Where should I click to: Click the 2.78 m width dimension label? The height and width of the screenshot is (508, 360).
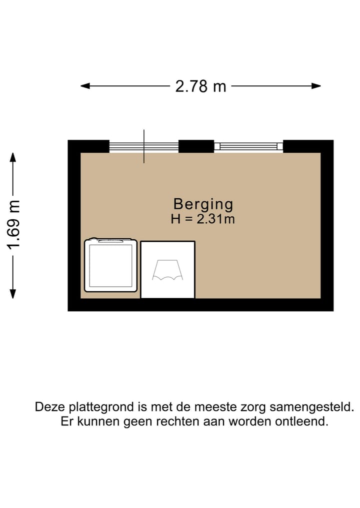(200, 86)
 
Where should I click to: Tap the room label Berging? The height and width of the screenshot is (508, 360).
(203, 204)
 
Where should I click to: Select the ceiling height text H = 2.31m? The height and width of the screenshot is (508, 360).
(203, 219)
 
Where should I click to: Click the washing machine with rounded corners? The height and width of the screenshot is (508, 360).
(110, 265)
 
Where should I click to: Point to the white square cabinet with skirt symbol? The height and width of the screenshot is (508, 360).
(167, 270)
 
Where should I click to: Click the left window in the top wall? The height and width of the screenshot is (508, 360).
(144, 146)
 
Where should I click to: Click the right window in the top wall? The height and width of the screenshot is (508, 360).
(248, 146)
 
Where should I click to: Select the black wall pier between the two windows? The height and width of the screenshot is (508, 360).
(196, 146)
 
